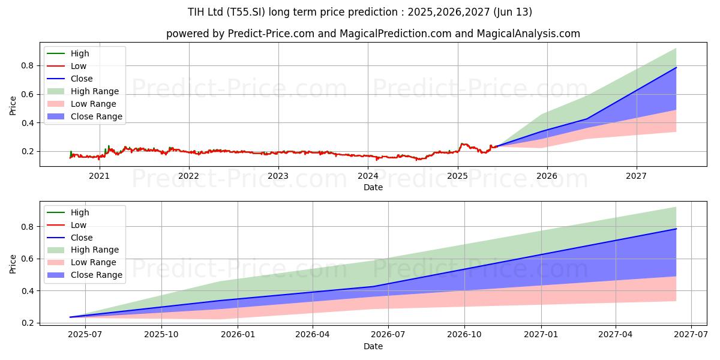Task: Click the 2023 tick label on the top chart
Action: (x=278, y=176)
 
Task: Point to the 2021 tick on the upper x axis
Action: (x=99, y=176)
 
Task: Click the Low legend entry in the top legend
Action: (x=79, y=66)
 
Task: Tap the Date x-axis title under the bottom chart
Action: (x=373, y=346)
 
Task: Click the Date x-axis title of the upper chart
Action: (x=373, y=187)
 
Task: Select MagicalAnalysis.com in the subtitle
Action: (x=528, y=34)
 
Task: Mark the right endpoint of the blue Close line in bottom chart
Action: (x=676, y=229)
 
